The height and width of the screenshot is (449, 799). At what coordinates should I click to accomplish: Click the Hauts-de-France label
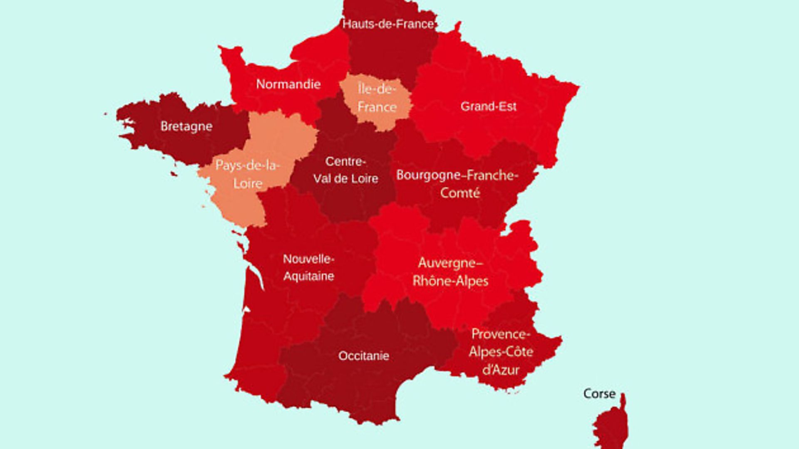[388, 24]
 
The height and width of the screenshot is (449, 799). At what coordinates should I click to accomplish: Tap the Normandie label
[288, 84]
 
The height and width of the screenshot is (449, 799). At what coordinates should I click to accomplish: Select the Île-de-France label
[377, 98]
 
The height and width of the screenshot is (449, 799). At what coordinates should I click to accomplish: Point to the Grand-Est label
[488, 106]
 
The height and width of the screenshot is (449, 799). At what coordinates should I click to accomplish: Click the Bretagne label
[186, 126]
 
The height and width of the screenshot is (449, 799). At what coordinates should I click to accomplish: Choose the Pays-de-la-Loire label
[248, 175]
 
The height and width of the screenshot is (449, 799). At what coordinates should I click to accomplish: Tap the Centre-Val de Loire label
[345, 170]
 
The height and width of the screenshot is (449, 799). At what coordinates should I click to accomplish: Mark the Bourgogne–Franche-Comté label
[457, 184]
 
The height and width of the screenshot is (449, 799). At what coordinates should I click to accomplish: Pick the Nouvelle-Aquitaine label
[308, 267]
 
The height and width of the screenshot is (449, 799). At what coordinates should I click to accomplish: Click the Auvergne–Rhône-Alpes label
[450, 272]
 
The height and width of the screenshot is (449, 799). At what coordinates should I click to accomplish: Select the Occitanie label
[364, 356]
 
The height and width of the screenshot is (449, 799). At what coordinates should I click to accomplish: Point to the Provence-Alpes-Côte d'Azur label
[501, 352]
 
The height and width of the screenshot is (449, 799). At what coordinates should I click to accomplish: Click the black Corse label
[599, 394]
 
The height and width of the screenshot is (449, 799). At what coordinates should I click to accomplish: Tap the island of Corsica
[611, 428]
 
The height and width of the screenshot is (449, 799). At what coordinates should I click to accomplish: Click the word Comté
[460, 193]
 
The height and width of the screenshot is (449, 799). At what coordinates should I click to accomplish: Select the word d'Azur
[501, 370]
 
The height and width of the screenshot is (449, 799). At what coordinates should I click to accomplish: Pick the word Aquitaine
[308, 276]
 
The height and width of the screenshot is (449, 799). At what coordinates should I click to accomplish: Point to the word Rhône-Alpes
[450, 281]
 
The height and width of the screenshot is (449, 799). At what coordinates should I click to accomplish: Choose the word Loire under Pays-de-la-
[248, 184]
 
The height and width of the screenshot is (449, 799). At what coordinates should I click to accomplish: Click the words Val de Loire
[345, 179]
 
